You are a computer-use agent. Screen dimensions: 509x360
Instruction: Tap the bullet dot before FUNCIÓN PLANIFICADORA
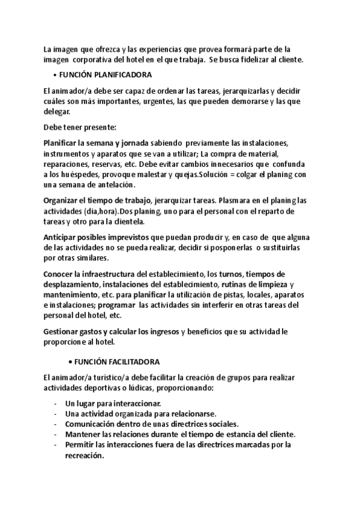click(x=55, y=75)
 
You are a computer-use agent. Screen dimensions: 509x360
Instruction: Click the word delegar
click(x=57, y=112)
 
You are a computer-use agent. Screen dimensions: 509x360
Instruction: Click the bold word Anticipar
click(x=61, y=237)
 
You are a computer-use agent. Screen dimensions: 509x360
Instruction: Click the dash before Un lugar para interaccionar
click(x=56, y=404)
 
